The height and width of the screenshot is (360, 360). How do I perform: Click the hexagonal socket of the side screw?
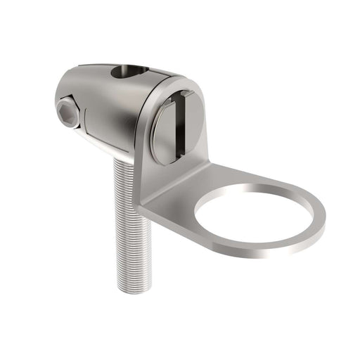click(x=67, y=113)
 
